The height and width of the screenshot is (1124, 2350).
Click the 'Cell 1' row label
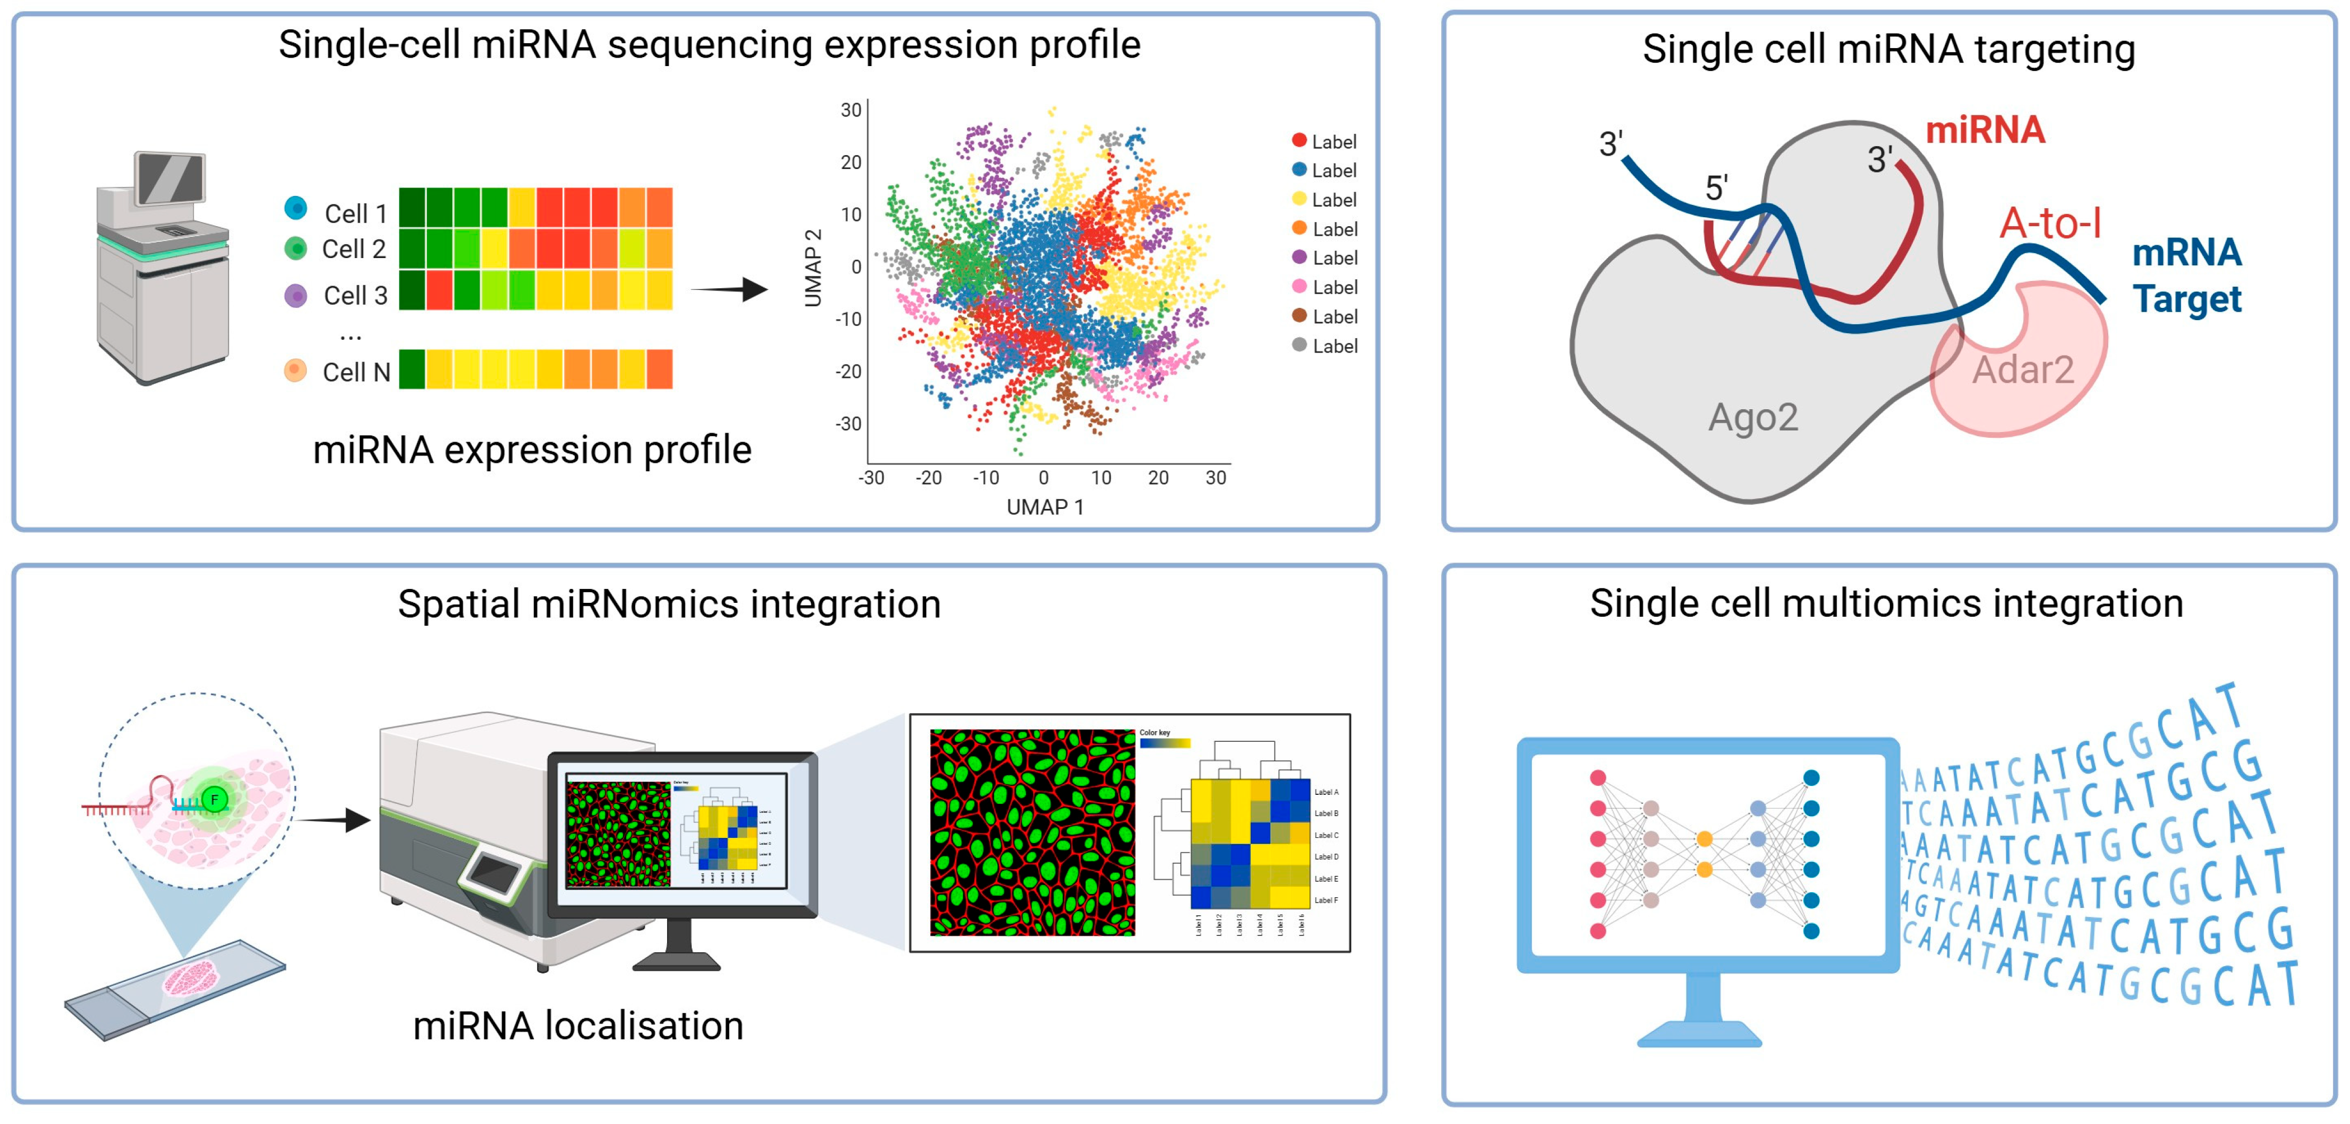(x=356, y=213)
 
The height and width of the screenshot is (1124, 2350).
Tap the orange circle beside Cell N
(x=295, y=369)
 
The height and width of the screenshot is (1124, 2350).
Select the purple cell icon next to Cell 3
(x=295, y=294)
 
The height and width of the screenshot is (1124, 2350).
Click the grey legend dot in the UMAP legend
(x=1299, y=345)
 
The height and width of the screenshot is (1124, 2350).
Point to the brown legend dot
(x=1299, y=316)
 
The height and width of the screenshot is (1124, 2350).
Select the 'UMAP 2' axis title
(x=813, y=268)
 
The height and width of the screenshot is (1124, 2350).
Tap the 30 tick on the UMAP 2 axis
(x=850, y=110)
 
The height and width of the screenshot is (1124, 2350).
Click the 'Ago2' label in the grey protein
(x=1752, y=418)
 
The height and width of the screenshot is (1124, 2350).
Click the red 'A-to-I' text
(x=2050, y=223)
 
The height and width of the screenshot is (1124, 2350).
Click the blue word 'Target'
(x=2186, y=299)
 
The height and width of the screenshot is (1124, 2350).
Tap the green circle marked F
(x=214, y=800)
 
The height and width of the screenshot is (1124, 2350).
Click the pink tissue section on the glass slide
(x=191, y=981)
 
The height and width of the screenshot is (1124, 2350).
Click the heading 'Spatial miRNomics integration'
(x=669, y=604)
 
